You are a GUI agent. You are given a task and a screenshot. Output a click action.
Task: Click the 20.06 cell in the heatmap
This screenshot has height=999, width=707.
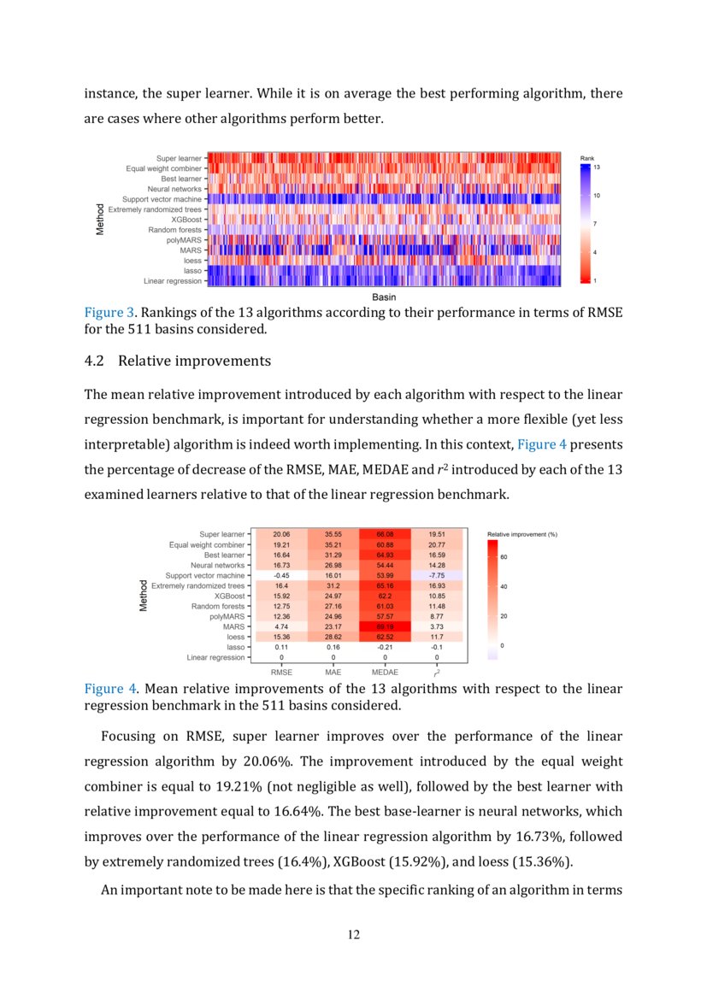coord(281,534)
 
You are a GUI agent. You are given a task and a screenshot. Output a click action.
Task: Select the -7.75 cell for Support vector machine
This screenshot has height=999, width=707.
coord(437,575)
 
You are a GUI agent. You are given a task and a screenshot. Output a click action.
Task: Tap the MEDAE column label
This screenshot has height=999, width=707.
coord(385,673)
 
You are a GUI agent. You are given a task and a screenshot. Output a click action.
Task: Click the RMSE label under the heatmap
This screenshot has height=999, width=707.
coord(281,673)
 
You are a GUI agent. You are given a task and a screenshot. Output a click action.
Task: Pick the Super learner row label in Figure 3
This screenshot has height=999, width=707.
coord(179,158)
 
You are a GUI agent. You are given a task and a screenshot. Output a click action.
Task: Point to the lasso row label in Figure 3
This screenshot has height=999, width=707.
coord(192,270)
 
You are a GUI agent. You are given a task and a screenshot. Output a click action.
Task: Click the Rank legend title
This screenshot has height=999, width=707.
coord(587,158)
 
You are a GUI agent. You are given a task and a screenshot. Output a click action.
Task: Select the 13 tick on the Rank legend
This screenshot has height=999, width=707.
coord(596,167)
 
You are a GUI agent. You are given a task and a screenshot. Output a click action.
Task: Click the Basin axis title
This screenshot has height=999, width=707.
coord(384,296)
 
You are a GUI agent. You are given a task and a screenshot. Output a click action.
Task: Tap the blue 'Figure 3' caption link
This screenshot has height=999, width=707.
coord(104,313)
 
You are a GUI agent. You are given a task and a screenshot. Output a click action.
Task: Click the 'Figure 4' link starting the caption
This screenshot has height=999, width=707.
coord(104,689)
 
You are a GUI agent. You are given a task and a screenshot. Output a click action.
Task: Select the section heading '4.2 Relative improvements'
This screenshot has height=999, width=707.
coord(177,361)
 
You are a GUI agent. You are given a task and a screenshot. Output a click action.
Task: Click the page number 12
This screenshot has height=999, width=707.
coord(353,935)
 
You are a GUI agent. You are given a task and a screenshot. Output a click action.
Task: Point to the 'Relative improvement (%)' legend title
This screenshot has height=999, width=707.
coord(522,534)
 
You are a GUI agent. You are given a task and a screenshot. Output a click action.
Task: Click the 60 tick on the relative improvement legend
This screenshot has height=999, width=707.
coord(504,555)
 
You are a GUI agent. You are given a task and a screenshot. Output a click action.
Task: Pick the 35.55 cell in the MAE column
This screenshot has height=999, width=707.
coord(333,534)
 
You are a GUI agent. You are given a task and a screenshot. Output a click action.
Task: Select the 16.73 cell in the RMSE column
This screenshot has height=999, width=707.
coord(281,565)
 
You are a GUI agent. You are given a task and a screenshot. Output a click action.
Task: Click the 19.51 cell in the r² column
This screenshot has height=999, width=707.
coord(437,534)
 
